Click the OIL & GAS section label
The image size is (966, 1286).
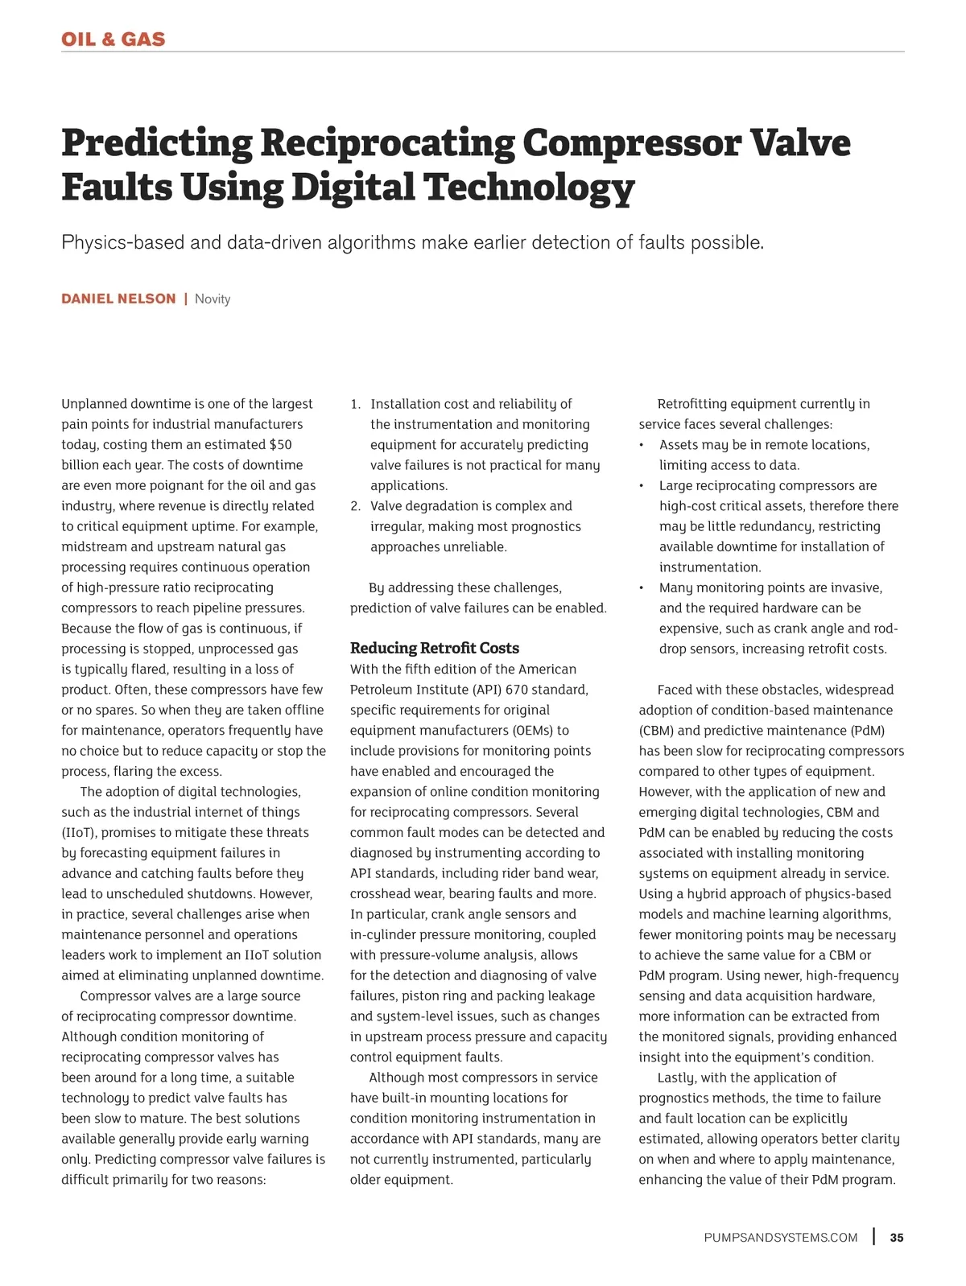(x=113, y=39)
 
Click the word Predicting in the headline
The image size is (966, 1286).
(x=157, y=143)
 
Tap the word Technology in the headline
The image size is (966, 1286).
(x=529, y=188)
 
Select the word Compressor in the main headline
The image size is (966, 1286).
(x=631, y=143)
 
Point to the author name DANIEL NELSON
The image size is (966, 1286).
(x=118, y=299)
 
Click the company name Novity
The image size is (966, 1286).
(x=213, y=299)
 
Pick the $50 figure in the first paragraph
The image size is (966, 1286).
(x=280, y=444)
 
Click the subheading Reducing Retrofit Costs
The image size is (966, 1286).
(x=435, y=648)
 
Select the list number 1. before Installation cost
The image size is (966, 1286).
(x=356, y=404)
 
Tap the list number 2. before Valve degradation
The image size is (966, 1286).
(x=356, y=506)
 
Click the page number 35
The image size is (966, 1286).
(x=897, y=1238)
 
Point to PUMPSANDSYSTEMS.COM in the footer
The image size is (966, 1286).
(x=781, y=1238)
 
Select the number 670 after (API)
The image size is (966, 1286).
(x=518, y=690)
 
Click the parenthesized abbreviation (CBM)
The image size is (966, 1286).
(x=657, y=731)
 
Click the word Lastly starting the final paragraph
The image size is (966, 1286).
(x=677, y=1078)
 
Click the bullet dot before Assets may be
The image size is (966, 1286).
(x=642, y=445)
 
